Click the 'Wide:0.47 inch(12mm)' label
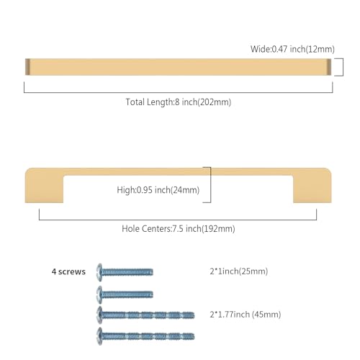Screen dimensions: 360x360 [x=292, y=49]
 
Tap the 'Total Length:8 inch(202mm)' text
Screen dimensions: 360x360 [x=179, y=102]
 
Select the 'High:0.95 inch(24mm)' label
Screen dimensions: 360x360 [x=158, y=190]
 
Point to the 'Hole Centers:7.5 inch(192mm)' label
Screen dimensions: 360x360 [x=179, y=229]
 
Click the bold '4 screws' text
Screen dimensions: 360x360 [x=68, y=271]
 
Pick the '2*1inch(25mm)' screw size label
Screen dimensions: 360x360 [x=239, y=271]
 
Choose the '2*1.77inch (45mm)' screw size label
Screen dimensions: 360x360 [x=246, y=315]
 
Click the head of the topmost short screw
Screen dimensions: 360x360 [x=99, y=272]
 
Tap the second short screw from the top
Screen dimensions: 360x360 [x=125, y=294]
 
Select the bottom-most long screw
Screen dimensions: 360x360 [x=145, y=336]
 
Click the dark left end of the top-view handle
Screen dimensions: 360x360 [x=27, y=67]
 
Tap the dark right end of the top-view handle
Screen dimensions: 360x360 [x=329, y=67]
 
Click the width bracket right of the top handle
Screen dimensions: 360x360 [x=343, y=67]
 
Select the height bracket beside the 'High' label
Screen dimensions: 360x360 [x=210, y=185]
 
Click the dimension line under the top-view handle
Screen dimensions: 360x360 [x=179, y=92]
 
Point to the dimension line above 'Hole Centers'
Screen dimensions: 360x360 [x=178, y=220]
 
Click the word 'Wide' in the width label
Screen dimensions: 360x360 [x=261, y=49]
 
